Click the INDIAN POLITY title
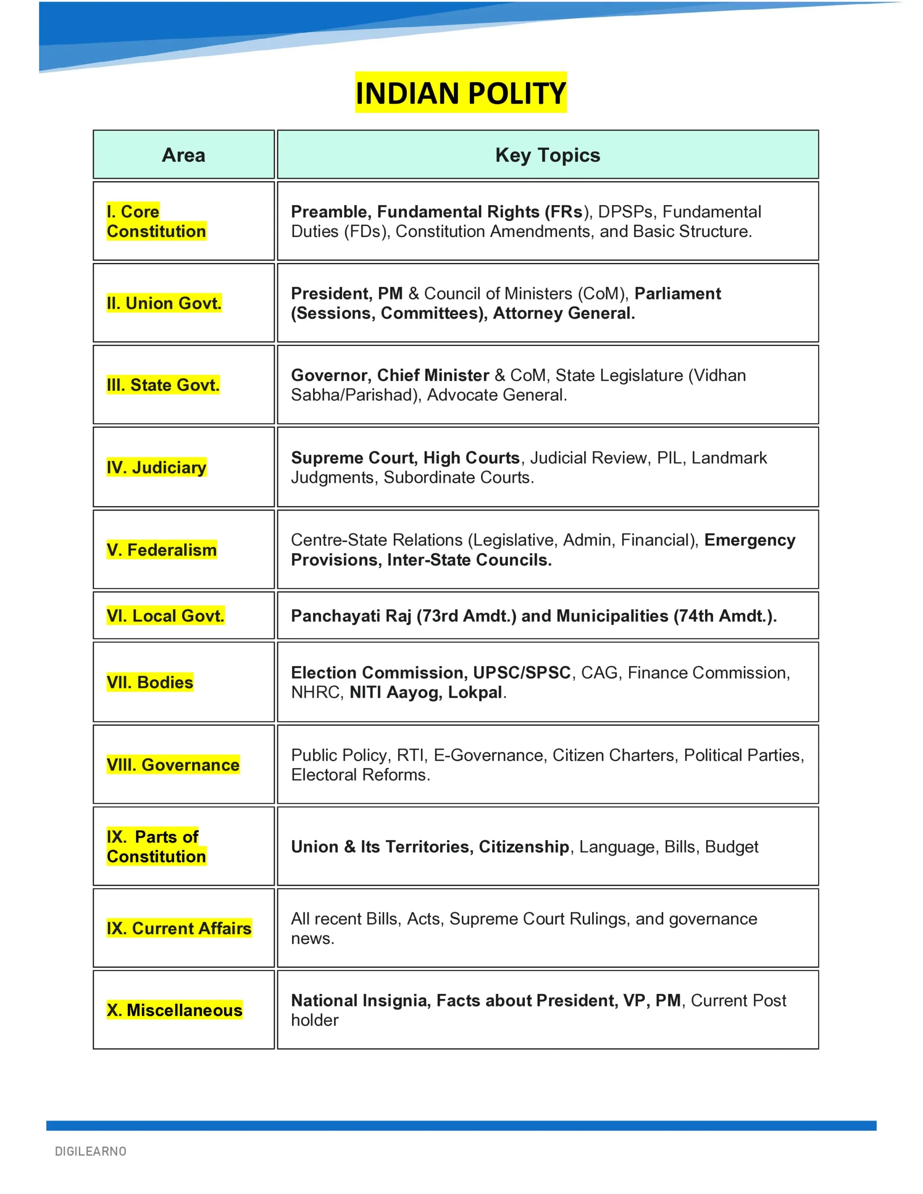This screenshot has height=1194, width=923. click(461, 93)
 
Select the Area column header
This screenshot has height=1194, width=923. click(183, 155)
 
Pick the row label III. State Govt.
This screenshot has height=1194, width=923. click(163, 385)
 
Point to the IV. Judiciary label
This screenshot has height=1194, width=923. click(156, 467)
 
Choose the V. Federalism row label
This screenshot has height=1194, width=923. click(161, 550)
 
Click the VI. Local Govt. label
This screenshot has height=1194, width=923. click(165, 616)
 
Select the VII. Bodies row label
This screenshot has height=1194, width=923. click(150, 682)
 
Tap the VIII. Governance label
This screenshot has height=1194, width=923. click(173, 765)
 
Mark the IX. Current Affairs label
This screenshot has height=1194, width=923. click(179, 928)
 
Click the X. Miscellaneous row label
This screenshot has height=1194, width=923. click(175, 1010)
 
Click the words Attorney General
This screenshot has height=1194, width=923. click(564, 313)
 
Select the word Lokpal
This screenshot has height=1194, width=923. click(475, 693)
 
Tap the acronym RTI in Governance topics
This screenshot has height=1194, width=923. click(410, 755)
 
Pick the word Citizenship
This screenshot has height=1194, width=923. click(524, 847)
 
